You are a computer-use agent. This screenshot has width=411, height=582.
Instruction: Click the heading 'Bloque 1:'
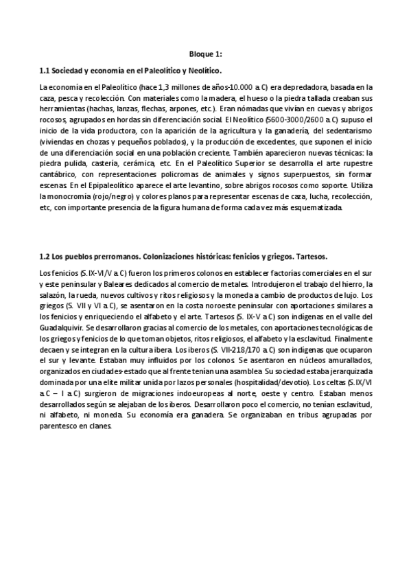[x=205, y=54]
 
